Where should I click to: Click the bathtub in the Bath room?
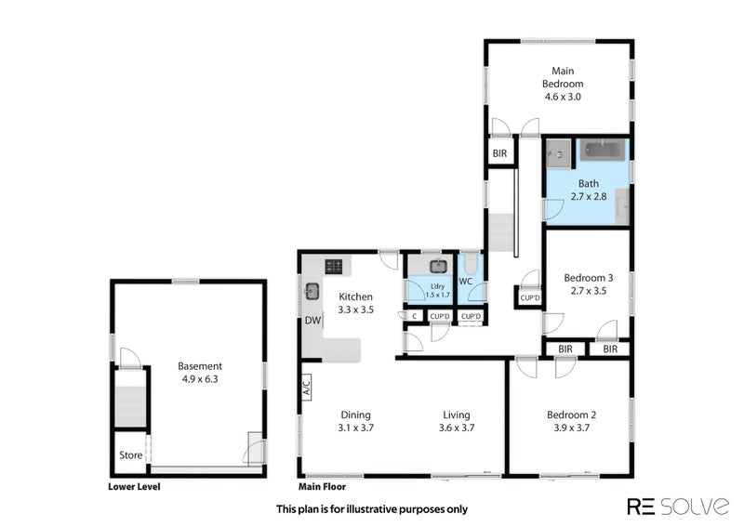pos(602,150)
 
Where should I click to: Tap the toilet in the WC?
pos(471,264)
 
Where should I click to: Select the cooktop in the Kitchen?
pos(333,266)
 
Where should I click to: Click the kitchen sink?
pos(312,291)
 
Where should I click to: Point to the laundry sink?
pos(438,267)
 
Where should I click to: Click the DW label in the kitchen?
pos(312,321)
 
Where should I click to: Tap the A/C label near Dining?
pos(307,385)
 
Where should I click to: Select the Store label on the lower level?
pos(130,455)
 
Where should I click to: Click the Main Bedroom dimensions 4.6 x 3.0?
pos(563,97)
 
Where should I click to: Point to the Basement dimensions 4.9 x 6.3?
pos(200,379)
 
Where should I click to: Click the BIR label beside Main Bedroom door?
pos(499,153)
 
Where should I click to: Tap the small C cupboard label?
pos(414,316)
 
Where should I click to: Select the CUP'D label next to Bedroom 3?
pos(529,298)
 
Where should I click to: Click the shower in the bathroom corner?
pos(558,153)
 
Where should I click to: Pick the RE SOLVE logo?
pos(678,507)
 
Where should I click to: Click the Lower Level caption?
pos(134,487)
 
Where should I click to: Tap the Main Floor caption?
pos(322,487)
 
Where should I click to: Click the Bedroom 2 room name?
pos(571,415)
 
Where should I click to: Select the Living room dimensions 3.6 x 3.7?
pos(457,428)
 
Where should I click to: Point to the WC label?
pos(466,282)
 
